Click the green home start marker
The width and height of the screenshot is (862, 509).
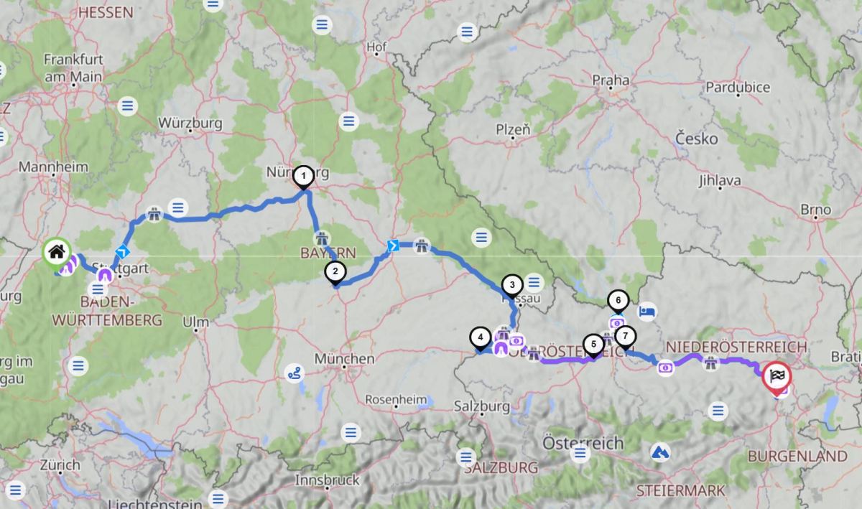point(57,252)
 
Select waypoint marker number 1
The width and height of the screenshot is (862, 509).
point(304,176)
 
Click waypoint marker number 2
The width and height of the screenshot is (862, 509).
point(334,272)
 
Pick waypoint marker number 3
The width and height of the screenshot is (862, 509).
point(511,284)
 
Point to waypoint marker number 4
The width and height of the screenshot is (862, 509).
point(479,336)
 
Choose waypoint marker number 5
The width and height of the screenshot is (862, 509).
point(593,345)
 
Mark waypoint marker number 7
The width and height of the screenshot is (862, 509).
point(625,335)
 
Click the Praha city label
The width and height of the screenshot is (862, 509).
point(611,79)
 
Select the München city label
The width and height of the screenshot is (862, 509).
point(344,358)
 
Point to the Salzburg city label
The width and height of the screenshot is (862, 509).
point(481,406)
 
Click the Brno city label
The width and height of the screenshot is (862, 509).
point(817,210)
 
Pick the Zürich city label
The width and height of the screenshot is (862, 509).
point(60,464)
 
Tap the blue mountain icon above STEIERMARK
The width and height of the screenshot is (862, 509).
point(659,452)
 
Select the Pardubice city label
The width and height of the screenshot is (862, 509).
point(738,87)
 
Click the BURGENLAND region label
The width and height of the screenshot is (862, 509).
point(797,456)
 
